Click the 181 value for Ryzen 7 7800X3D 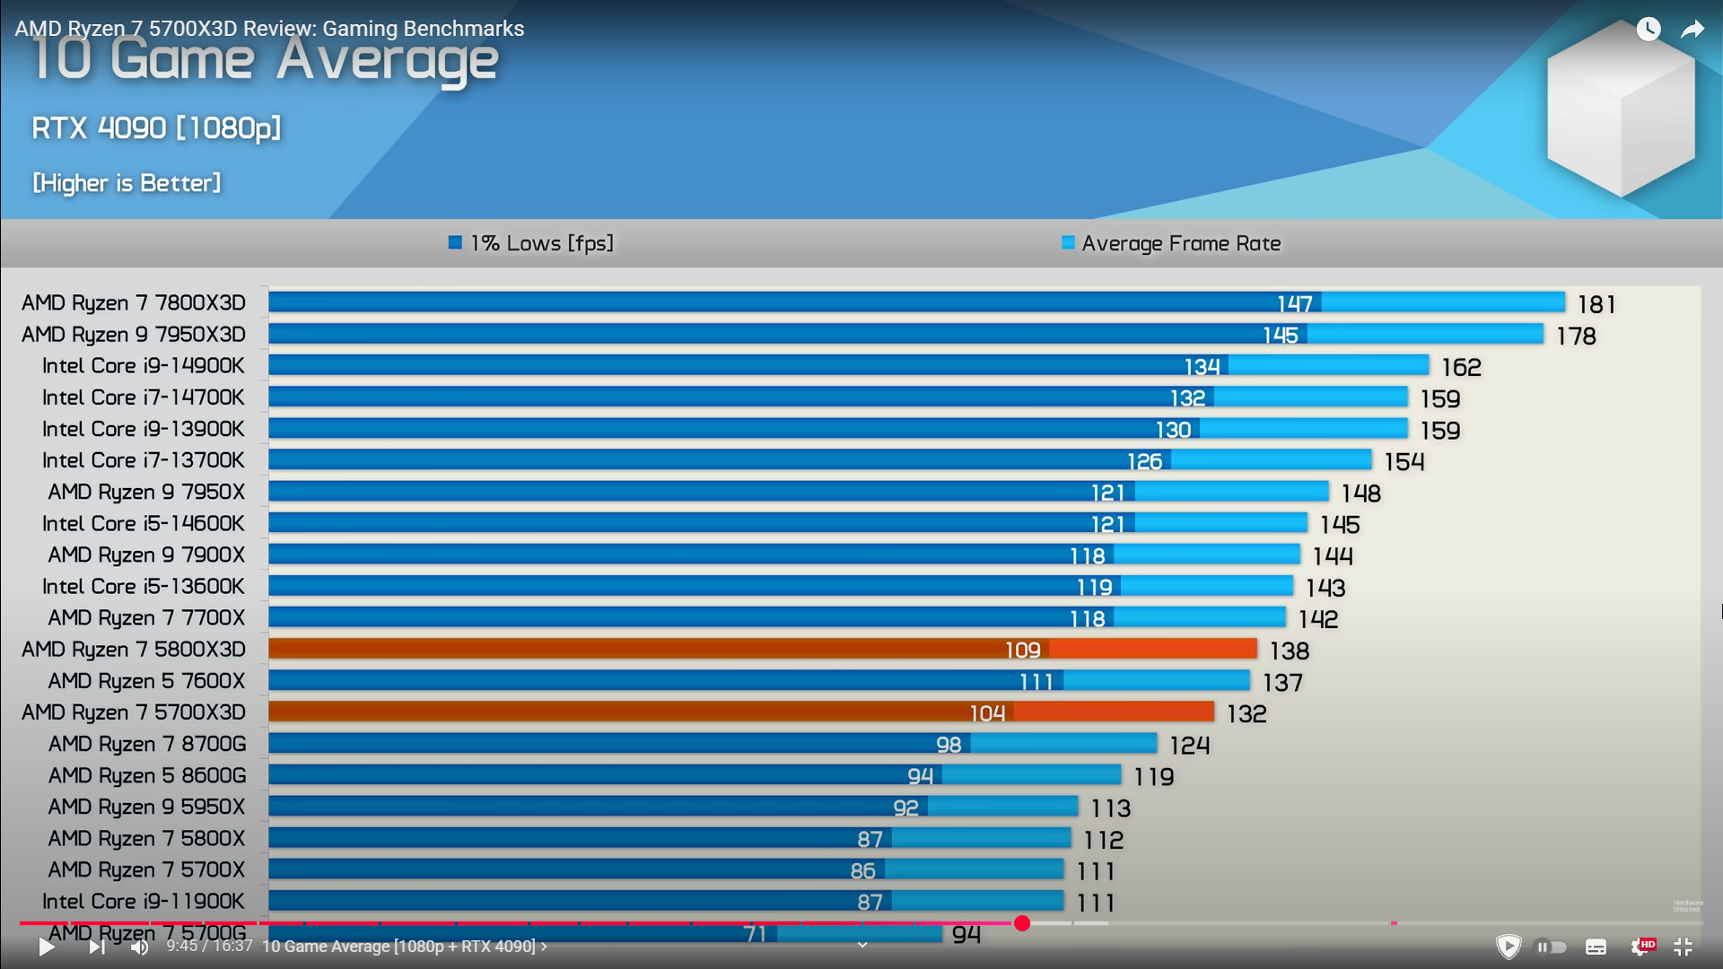[x=1596, y=305]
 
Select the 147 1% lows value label [x=1294, y=304]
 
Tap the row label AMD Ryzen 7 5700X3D [x=134, y=712]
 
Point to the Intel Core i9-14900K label [x=144, y=366]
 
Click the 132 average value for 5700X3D [x=1246, y=714]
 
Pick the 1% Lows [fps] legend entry [x=531, y=243]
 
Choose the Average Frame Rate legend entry [x=1171, y=243]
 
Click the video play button [x=47, y=947]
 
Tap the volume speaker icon [x=139, y=947]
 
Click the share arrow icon [x=1692, y=30]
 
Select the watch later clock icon [x=1649, y=30]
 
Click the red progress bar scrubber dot [x=1022, y=923]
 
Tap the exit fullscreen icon [x=1683, y=947]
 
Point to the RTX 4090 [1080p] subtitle [x=156, y=128]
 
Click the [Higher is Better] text [x=127, y=183]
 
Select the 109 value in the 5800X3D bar [x=1022, y=650]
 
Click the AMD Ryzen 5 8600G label [x=147, y=776]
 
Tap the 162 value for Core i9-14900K [x=1461, y=368]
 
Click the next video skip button [x=96, y=947]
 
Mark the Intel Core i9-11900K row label [x=144, y=902]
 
